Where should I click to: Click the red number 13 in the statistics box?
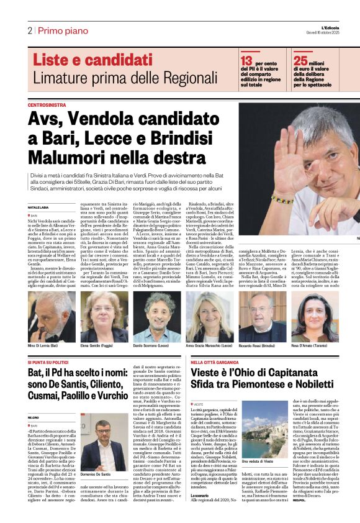point(246,60)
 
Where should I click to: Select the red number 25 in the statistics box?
point(301,60)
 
